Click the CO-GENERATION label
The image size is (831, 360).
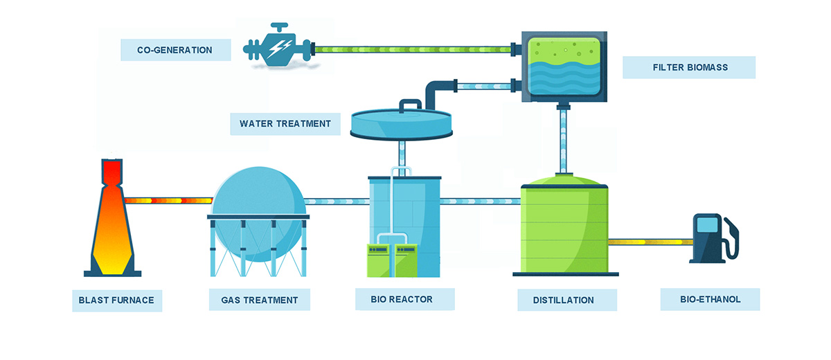175,50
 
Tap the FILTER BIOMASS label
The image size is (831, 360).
690,67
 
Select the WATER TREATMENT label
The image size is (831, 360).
285,124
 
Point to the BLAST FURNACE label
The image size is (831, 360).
116,300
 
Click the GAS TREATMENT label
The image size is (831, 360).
259,300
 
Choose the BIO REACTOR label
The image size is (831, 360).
402,300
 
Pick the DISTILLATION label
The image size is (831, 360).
563,300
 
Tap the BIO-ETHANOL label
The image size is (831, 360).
710,300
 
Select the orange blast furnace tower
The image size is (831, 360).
112,218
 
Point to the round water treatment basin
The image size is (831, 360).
402,123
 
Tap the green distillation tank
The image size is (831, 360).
564,226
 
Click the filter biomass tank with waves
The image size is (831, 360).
564,66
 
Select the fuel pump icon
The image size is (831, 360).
713,238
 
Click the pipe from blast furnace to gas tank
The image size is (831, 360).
169,201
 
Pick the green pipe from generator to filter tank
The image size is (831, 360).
413,49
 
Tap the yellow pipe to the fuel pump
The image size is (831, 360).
650,242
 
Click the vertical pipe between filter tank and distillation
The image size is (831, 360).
563,141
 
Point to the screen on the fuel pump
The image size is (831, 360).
707,225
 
